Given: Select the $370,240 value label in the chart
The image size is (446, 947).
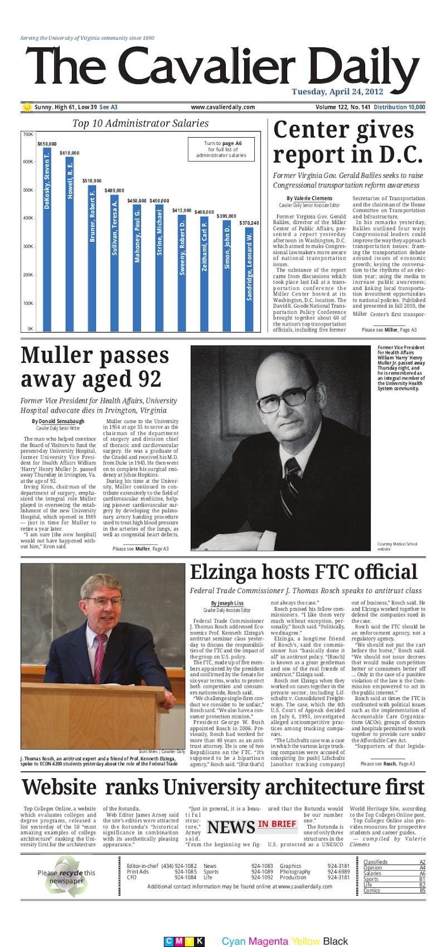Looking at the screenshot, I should coord(249,223).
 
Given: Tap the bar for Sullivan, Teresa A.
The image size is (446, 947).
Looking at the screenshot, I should coord(115,262).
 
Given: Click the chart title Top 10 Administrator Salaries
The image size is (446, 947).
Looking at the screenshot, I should coord(140,123).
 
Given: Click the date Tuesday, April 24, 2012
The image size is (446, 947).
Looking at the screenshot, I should coord(337,92).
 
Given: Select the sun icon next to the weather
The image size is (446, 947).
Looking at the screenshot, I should coord(27,107).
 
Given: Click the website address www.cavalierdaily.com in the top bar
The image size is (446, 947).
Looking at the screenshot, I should coord(222,107).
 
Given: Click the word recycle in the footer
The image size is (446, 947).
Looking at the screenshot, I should coord(71,873).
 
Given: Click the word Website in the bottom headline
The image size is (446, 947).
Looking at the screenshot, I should coord(59,788).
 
